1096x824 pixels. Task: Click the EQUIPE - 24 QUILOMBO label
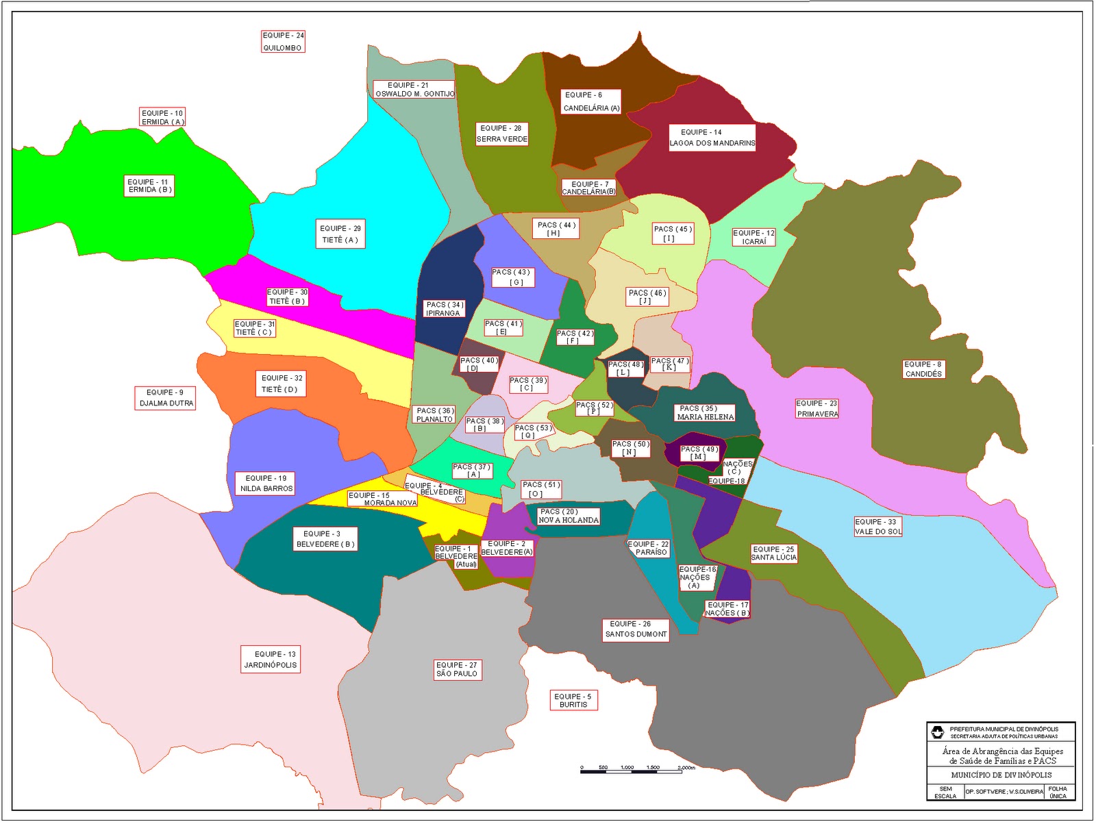click(x=282, y=41)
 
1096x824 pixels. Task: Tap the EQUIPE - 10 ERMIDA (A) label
click(x=162, y=117)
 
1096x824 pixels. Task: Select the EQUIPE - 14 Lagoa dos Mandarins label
click(x=712, y=138)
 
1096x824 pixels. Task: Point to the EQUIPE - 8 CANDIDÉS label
click(x=923, y=369)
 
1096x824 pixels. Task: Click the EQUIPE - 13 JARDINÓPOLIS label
click(x=271, y=660)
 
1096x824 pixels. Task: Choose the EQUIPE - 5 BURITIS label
click(x=573, y=700)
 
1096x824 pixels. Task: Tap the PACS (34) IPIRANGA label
click(x=444, y=309)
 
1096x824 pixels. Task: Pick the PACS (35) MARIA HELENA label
click(x=705, y=412)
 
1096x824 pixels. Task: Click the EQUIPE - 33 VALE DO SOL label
click(x=877, y=527)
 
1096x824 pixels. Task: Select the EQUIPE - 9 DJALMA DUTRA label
click(x=166, y=398)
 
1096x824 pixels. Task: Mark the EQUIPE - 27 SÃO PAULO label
click(x=457, y=669)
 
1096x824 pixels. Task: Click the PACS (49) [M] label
click(x=699, y=453)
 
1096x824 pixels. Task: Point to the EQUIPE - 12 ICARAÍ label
click(x=754, y=237)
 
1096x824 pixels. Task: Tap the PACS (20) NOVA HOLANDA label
click(x=568, y=516)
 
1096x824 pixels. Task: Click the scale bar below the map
click(x=638, y=770)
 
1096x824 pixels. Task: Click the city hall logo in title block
click(x=937, y=732)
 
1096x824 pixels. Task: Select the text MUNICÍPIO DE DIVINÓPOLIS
click(x=1001, y=775)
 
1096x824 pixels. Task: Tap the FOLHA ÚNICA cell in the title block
click(x=1058, y=792)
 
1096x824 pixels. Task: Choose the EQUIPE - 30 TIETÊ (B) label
click(x=287, y=297)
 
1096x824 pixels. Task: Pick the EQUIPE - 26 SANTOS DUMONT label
click(x=636, y=629)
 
